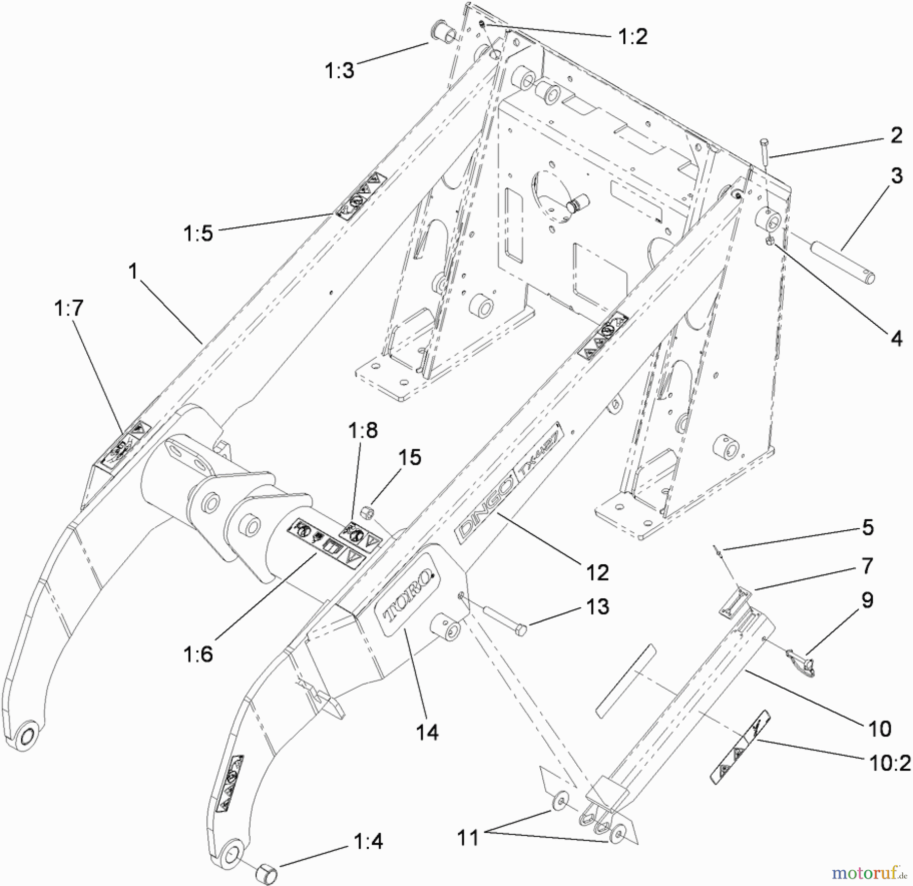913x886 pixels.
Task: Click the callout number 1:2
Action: tap(633, 37)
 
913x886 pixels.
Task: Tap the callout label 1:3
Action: tap(339, 71)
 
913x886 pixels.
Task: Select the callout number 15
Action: tap(409, 457)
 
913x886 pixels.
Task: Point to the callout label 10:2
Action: tap(890, 763)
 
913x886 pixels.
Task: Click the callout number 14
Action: tap(427, 732)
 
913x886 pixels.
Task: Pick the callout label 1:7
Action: tap(68, 308)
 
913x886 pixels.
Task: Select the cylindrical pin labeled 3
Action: tap(843, 263)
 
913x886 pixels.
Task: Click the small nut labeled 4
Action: tap(769, 241)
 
